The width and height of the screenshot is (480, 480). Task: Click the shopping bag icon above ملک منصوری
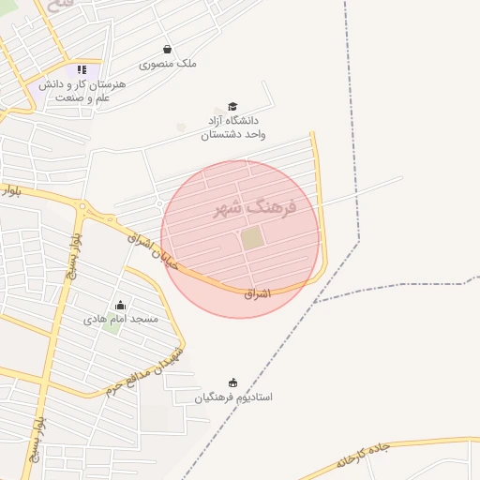167,50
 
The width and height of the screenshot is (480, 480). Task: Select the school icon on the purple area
82,69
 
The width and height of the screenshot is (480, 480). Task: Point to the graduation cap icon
232,107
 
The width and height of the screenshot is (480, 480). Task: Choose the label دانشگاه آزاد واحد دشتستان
232,127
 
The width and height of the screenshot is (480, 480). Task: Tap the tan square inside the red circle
252,238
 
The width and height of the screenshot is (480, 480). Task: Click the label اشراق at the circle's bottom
256,293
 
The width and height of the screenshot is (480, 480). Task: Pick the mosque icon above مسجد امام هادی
120,305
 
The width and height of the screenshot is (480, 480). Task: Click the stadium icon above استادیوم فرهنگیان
232,382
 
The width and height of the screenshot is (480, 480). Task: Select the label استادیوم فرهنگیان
233,397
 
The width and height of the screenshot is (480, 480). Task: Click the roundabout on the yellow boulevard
82,206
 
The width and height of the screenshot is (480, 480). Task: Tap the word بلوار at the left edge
10,190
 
